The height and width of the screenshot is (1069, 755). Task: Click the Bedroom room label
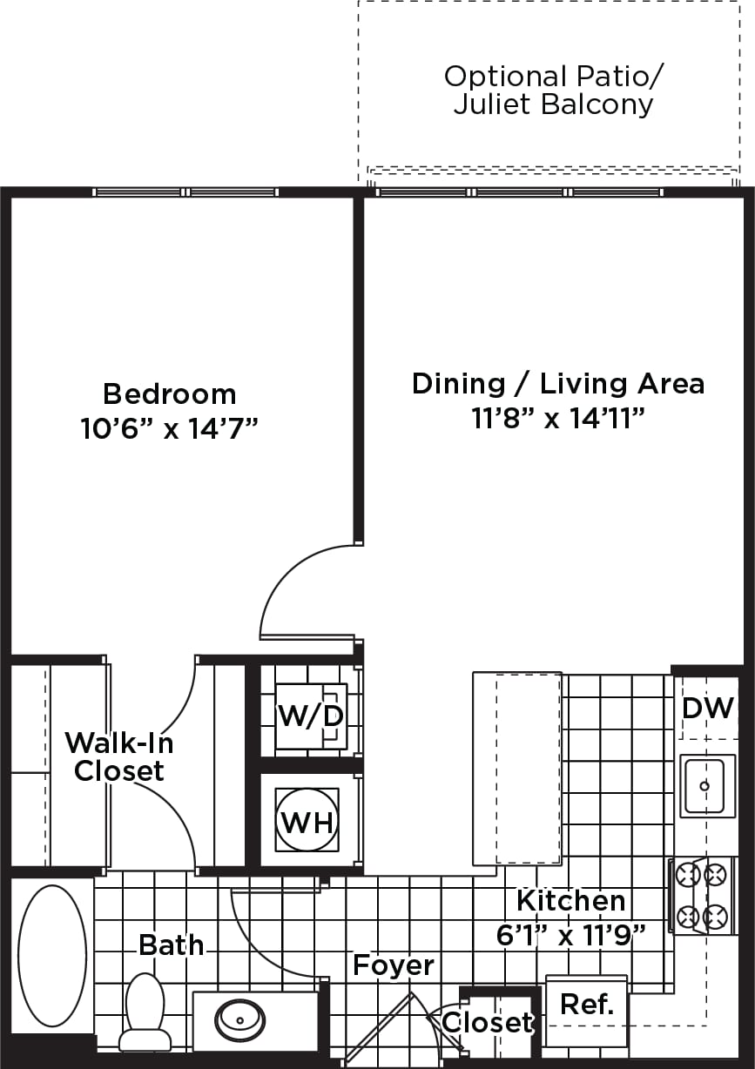coord(169,393)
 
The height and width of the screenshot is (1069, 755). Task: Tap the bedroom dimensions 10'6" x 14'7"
coord(169,427)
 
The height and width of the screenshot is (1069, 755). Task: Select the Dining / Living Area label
coord(557,383)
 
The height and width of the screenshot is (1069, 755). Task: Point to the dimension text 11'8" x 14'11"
coord(557,419)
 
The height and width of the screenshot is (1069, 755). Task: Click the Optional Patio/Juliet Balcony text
coord(553,90)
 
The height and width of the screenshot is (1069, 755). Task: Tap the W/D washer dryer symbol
coord(311,716)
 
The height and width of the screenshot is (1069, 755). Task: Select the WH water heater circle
coord(307,820)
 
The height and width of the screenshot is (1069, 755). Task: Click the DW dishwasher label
coord(708,708)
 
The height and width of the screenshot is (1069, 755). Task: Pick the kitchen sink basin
coord(704,787)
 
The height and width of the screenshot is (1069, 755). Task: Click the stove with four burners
coord(702,895)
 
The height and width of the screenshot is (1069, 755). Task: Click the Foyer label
coord(393,965)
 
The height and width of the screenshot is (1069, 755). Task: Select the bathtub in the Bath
coord(52,955)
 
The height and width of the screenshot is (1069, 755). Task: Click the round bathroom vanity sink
coord(239,1016)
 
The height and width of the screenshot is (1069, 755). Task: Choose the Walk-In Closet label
coord(119,756)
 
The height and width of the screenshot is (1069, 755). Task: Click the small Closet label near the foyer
coord(487,1022)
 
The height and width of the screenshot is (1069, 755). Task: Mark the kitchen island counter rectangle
coord(516,768)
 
